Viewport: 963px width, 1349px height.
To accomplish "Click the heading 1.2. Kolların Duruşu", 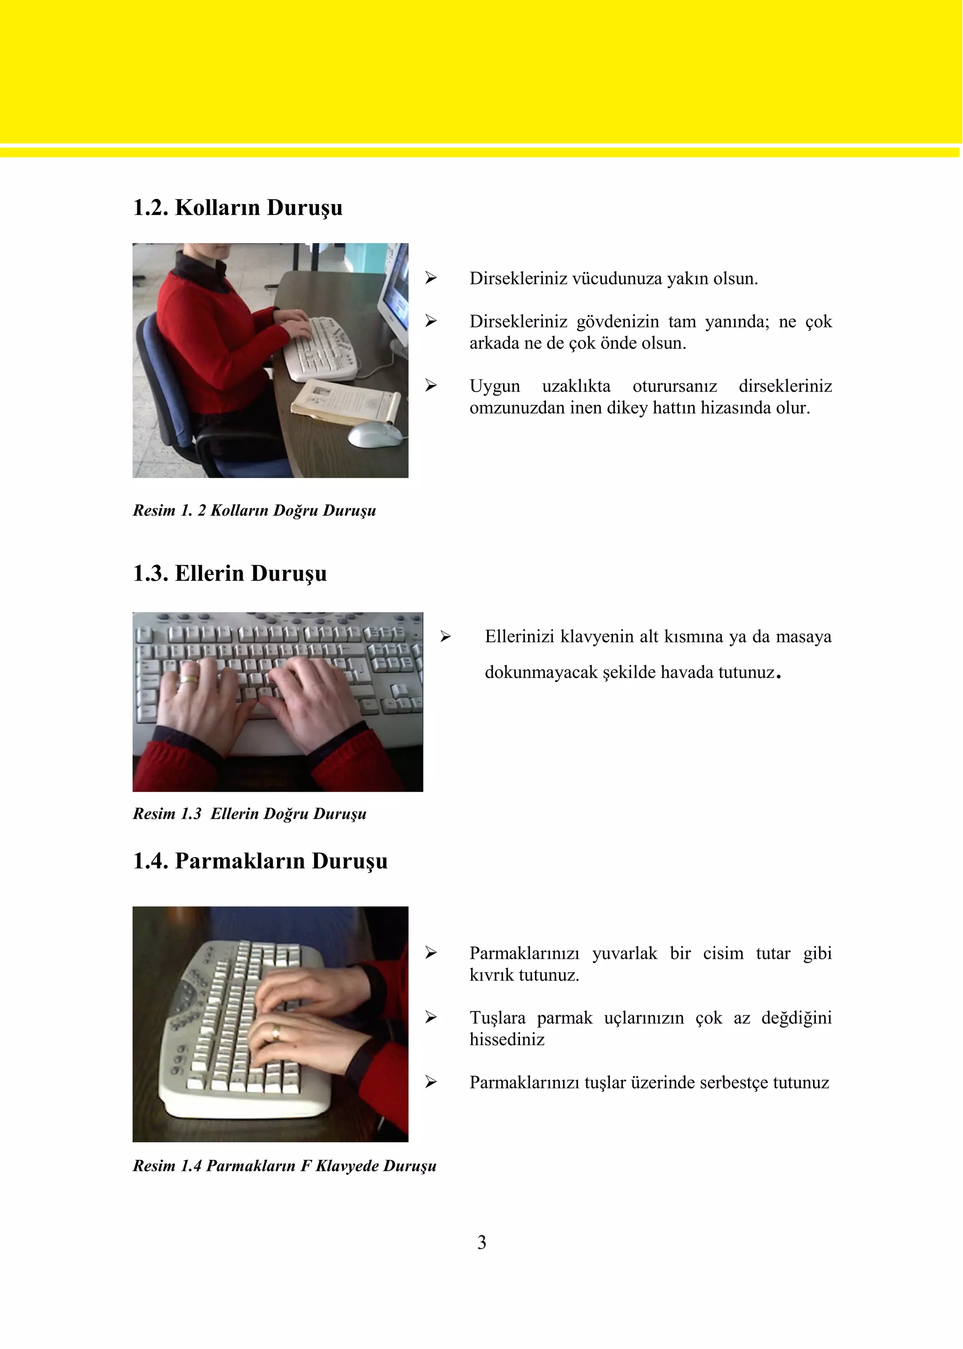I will click(237, 207).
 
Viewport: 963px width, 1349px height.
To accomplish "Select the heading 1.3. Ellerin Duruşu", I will click(229, 573).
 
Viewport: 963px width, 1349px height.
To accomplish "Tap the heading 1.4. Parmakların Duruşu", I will click(260, 861).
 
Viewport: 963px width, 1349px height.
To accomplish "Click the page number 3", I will click(481, 1242).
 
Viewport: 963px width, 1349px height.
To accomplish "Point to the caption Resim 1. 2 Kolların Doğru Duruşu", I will click(254, 511).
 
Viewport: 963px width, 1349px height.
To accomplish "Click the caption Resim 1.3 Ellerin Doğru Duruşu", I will click(249, 813).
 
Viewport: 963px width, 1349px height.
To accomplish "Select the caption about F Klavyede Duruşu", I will click(284, 1166).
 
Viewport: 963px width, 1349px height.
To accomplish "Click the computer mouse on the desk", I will click(375, 434).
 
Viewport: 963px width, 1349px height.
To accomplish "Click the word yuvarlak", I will click(624, 954).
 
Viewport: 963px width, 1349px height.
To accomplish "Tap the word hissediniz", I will click(506, 1040).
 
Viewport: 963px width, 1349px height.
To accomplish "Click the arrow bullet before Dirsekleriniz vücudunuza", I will click(431, 278).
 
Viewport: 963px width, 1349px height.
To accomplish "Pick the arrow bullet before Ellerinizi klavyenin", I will click(446, 637).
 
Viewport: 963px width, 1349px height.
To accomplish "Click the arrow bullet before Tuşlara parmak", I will click(431, 1018).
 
